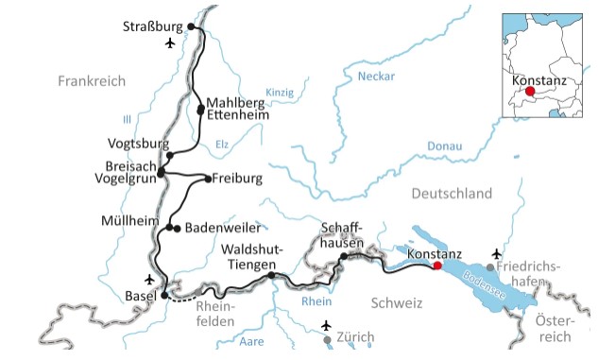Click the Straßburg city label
(x=154, y=26)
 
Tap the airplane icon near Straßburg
(x=170, y=43)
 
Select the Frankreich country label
(x=91, y=81)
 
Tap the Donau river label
(x=444, y=146)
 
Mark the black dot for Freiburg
(x=207, y=178)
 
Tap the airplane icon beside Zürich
(x=327, y=326)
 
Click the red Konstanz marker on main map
(x=436, y=266)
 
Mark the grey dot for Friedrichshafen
(x=489, y=267)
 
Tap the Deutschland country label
(x=452, y=194)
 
